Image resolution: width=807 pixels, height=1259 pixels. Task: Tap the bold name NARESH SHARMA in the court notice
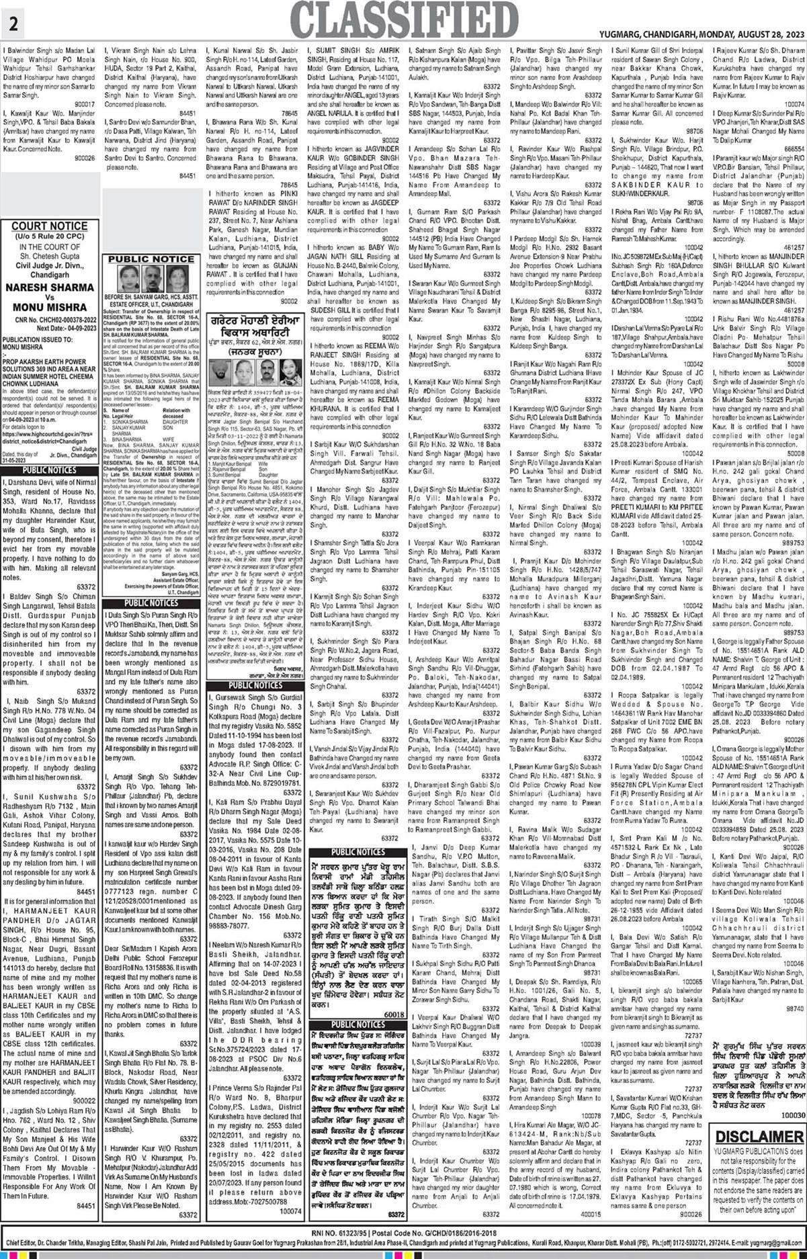click(50, 287)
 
